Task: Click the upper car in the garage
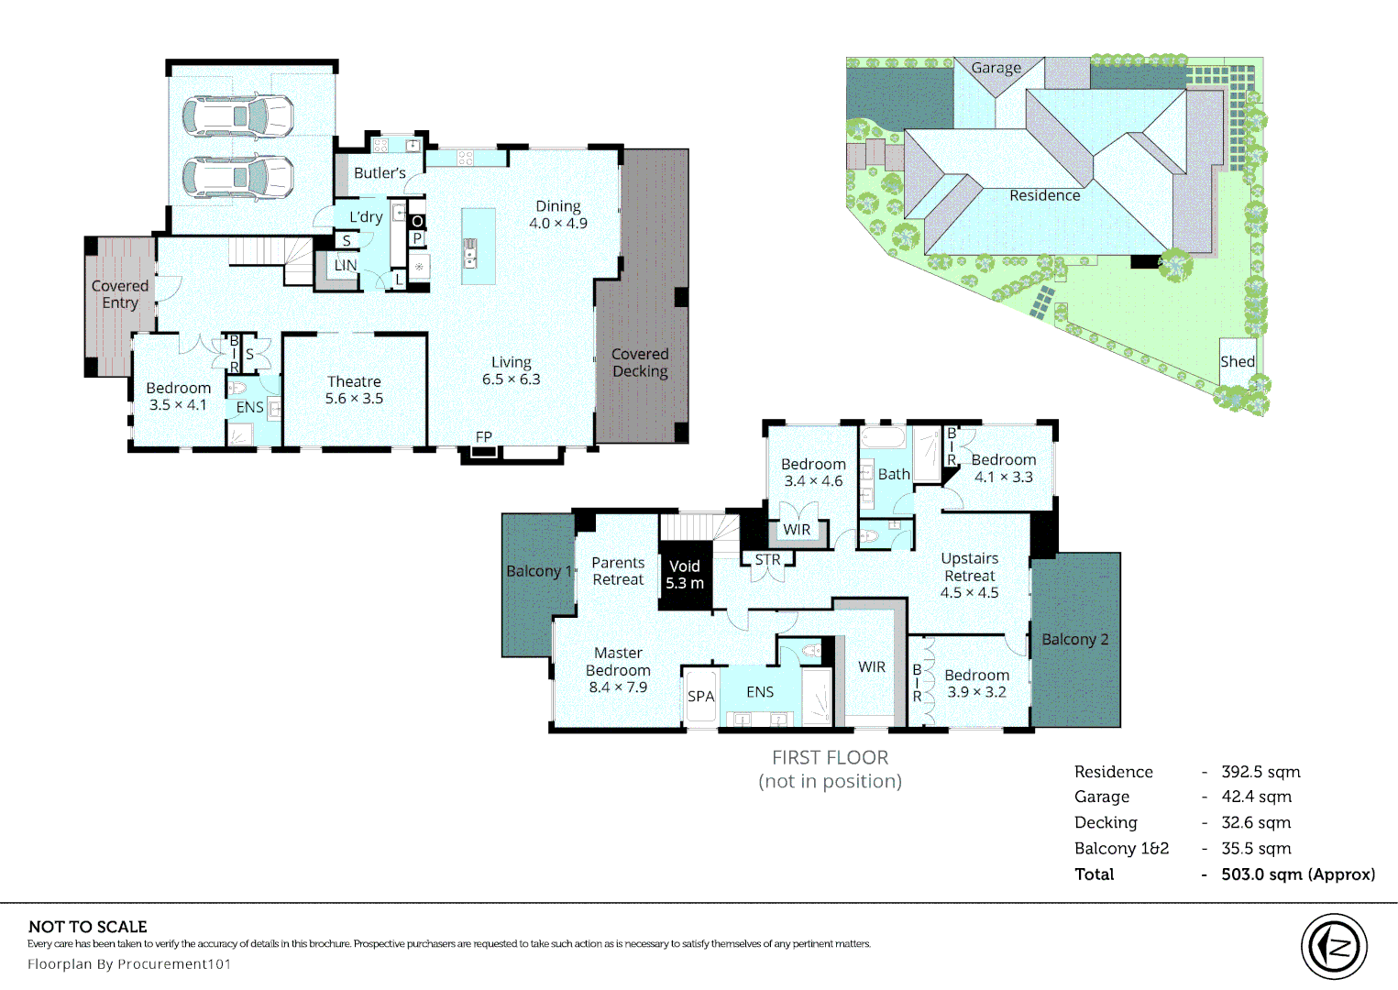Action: point(237,117)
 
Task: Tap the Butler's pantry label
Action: point(380,173)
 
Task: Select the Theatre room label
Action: point(354,382)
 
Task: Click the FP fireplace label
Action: point(483,437)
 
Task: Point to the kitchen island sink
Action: point(470,253)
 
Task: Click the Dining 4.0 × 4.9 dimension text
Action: point(558,224)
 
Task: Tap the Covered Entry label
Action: point(120,294)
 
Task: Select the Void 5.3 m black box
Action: point(685,575)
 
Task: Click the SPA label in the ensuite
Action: point(700,697)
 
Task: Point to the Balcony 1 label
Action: point(538,571)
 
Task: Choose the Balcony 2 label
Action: point(1074,639)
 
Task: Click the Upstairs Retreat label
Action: point(969,567)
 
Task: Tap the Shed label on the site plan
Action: point(1237,361)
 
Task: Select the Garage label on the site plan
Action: point(996,68)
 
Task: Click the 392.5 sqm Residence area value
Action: point(1260,772)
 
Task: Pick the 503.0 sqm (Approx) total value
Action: point(1297,874)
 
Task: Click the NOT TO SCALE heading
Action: point(88,927)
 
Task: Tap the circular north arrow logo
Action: point(1334,947)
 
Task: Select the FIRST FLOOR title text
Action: point(830,758)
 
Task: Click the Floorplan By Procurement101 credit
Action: point(129,964)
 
